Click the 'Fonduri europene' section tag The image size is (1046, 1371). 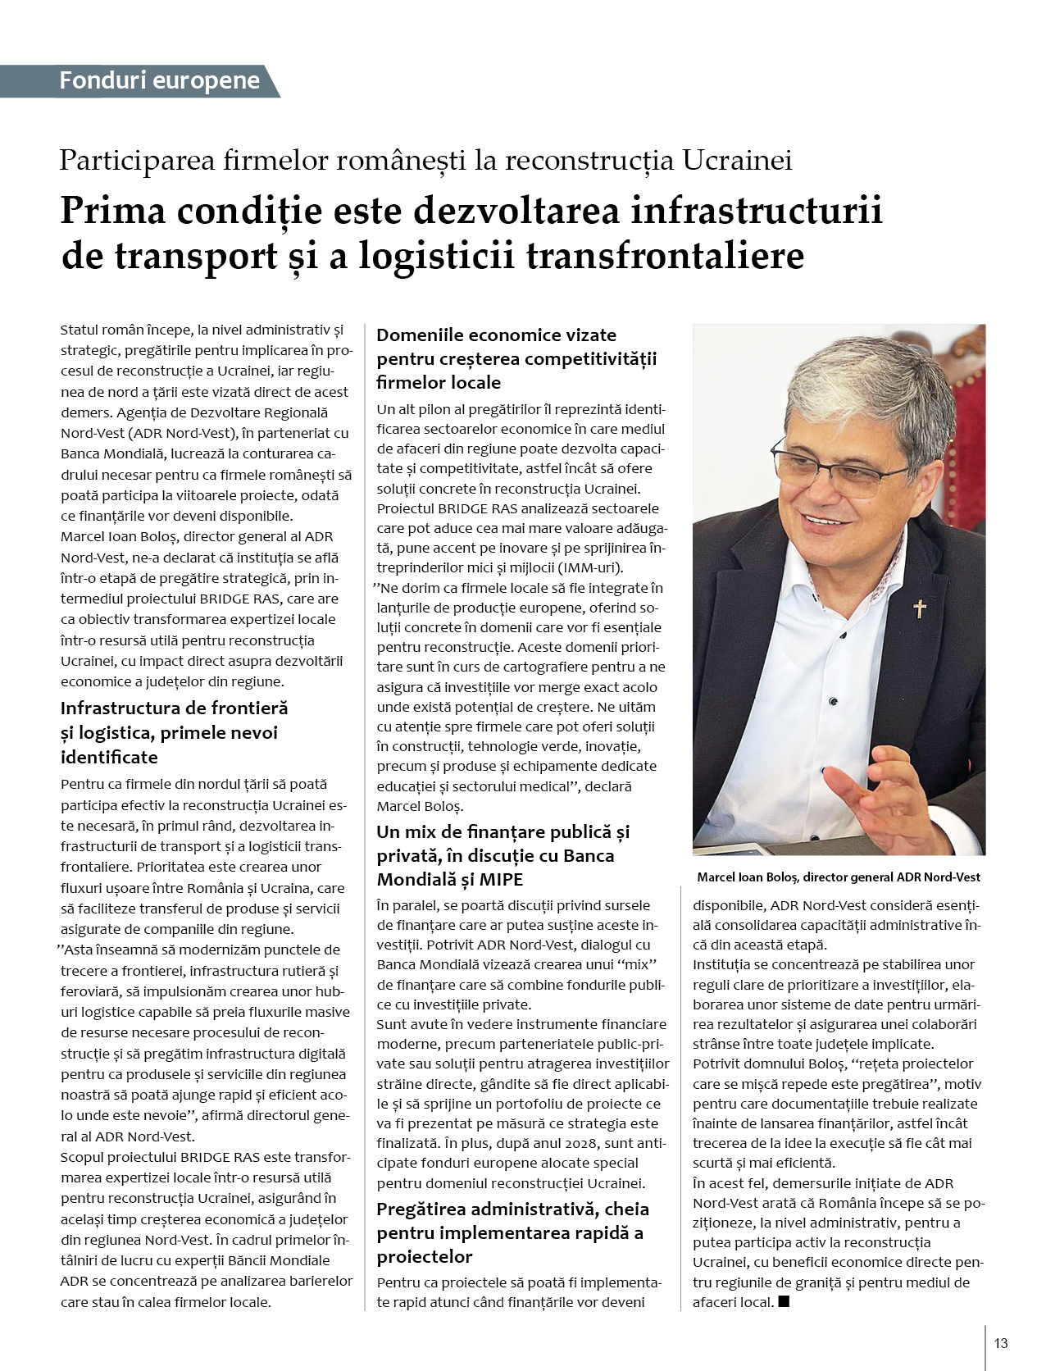pyautogui.click(x=159, y=80)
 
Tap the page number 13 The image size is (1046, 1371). pyautogui.click(x=1000, y=1343)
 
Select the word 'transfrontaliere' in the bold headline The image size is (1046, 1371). pyautogui.click(x=665, y=255)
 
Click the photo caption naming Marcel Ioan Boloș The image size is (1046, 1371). pyautogui.click(x=838, y=877)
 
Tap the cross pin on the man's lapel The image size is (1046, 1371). pyautogui.click(x=920, y=608)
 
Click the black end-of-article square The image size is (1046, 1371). pyautogui.click(x=784, y=1300)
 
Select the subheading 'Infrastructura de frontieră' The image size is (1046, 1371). pyautogui.click(x=174, y=708)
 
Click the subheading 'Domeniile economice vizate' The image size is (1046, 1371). pyautogui.click(x=496, y=335)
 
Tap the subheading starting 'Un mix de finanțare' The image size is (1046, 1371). pyautogui.click(x=503, y=831)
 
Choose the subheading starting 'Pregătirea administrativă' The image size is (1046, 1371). pyautogui.click(x=512, y=1209)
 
